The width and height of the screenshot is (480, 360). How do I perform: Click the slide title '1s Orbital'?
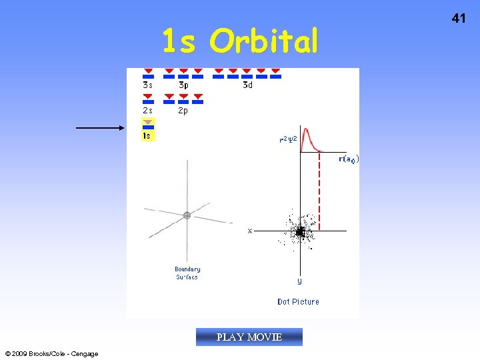[x=240, y=43]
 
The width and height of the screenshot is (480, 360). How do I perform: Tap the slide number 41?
[x=459, y=19]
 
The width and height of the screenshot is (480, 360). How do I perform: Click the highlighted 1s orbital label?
[x=147, y=135]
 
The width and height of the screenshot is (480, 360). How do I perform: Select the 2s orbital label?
[x=147, y=111]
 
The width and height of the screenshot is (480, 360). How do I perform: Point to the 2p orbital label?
[x=183, y=111]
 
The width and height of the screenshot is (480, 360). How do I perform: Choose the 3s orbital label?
[x=147, y=85]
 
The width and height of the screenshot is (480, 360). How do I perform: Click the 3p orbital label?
[x=183, y=85]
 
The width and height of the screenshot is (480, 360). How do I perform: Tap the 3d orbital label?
[x=247, y=85]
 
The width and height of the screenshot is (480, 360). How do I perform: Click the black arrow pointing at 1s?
[x=100, y=127]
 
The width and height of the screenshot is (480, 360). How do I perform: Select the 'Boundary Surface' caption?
[x=187, y=273]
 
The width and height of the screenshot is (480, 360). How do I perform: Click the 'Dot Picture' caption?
[x=298, y=302]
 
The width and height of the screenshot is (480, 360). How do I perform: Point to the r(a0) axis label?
[x=348, y=159]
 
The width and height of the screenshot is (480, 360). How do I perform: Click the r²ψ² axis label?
[x=288, y=140]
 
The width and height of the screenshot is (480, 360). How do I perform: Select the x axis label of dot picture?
[x=250, y=231]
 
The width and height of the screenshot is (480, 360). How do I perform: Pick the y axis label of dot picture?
[x=299, y=281]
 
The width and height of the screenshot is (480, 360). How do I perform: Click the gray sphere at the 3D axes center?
[x=187, y=215]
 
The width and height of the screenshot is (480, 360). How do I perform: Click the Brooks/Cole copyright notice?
[x=51, y=353]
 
